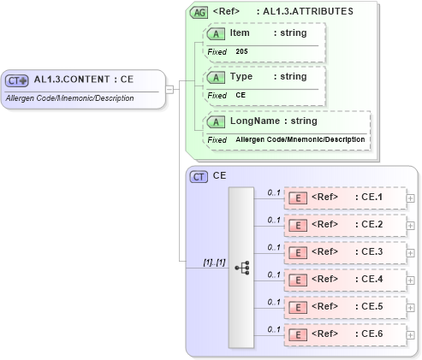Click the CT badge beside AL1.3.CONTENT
[x=17, y=80]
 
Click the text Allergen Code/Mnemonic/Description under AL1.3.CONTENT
[x=69, y=98]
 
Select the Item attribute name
[x=241, y=32]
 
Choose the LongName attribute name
[x=254, y=121]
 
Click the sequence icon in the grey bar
[x=241, y=267]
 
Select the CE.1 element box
[x=344, y=198]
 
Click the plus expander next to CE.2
[x=411, y=225]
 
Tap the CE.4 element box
[x=344, y=280]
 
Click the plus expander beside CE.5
[x=411, y=306]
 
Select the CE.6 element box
[x=344, y=333]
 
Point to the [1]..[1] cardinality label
[x=213, y=262]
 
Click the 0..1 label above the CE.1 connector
[x=274, y=192]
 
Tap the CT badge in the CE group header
[x=199, y=176]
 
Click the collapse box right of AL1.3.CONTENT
[x=169, y=88]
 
